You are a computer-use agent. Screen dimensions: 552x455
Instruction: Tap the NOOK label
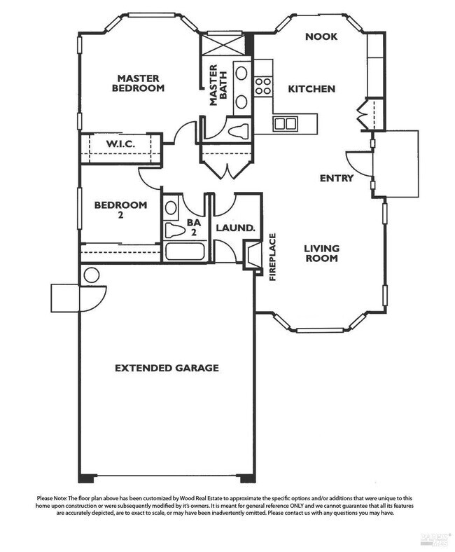coord(321,36)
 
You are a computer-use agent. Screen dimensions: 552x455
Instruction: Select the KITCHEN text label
coord(311,89)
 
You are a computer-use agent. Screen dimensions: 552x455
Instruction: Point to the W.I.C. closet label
coord(120,144)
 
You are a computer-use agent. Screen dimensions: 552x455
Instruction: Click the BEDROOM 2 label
coord(120,210)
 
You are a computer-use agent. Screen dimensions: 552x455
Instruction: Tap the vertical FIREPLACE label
coord(274,257)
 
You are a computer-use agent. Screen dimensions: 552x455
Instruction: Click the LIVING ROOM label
coord(321,253)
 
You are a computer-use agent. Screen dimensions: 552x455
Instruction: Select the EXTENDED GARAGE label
coord(167,368)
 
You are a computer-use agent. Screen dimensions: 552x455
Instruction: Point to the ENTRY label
coord(336,178)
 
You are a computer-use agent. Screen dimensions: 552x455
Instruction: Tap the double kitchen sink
coord(284,124)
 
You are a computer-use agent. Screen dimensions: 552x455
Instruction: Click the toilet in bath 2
coord(173,230)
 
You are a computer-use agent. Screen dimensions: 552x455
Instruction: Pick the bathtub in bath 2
coord(183,251)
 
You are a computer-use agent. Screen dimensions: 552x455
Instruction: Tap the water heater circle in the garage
coord(91,275)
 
